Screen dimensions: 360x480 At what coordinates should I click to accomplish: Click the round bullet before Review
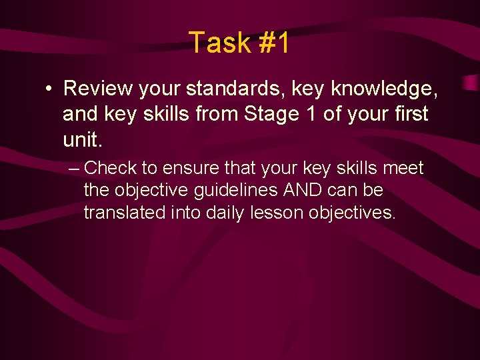50,89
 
